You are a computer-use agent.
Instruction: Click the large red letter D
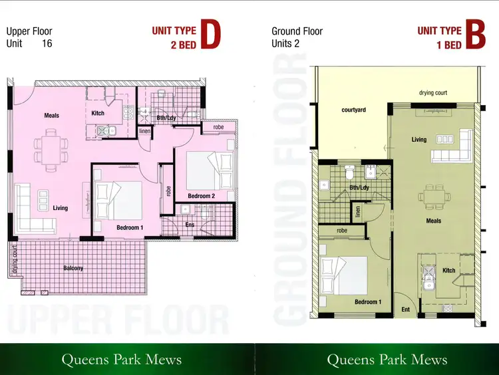click(210, 37)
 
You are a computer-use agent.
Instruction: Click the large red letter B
click(474, 37)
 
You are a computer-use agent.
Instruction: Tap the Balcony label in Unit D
click(74, 268)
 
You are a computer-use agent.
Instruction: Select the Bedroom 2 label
click(201, 196)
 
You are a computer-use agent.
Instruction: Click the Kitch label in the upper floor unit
click(98, 113)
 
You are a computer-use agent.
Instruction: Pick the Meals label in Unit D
click(52, 116)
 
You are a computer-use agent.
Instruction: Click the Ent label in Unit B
click(406, 309)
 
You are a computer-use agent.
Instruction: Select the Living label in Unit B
click(419, 140)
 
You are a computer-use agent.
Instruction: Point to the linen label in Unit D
click(144, 131)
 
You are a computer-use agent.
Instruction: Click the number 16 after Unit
click(47, 44)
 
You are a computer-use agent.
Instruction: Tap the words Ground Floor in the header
click(297, 31)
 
